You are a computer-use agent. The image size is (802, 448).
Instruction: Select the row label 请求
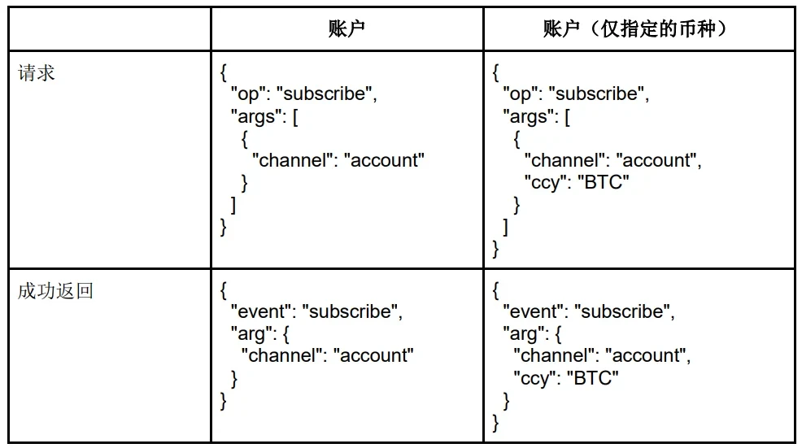click(37, 72)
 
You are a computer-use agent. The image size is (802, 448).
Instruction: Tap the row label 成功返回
click(55, 290)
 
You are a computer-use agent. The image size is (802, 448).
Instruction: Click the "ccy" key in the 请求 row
click(543, 182)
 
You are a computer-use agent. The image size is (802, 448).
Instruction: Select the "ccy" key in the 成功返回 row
click(533, 377)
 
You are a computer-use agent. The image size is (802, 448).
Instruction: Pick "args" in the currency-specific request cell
click(526, 116)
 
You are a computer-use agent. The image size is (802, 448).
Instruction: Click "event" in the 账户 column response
click(262, 311)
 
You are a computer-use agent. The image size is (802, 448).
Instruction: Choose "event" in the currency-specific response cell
click(534, 311)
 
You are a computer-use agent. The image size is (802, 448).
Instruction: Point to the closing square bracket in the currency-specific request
click(506, 227)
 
